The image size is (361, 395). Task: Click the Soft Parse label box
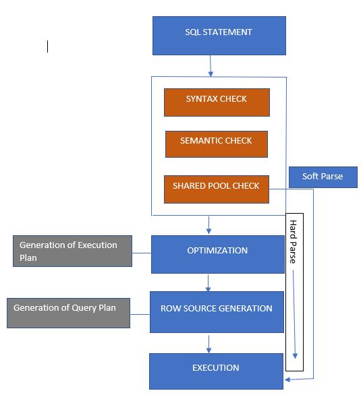[323, 177]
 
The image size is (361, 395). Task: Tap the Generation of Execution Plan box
[72, 251]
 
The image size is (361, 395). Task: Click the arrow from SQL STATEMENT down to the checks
[211, 65]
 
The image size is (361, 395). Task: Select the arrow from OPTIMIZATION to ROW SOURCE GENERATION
[209, 282]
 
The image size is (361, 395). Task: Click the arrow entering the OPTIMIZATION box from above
[209, 224]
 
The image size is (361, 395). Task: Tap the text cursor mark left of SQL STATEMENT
[47, 46]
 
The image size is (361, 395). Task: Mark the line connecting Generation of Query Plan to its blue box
[140, 314]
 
